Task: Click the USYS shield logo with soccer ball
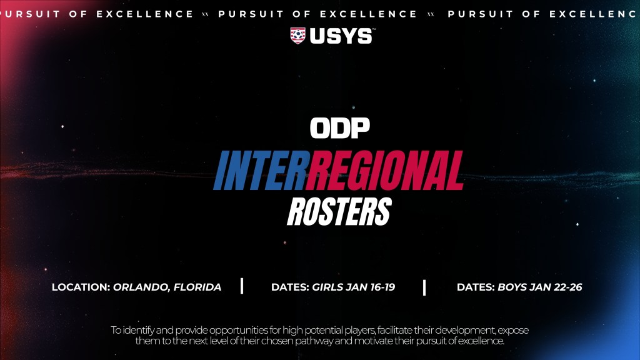pos(297,36)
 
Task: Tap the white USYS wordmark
pos(341,36)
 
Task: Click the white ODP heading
pos(339,128)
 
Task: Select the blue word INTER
pos(260,171)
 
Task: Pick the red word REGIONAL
pos(385,171)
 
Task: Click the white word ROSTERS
pos(339,211)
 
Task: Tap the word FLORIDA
pos(197,287)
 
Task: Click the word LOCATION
pos(81,287)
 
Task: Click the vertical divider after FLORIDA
pos(242,286)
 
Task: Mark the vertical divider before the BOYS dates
pos(424,287)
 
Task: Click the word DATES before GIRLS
pos(290,287)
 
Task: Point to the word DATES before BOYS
pos(476,287)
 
